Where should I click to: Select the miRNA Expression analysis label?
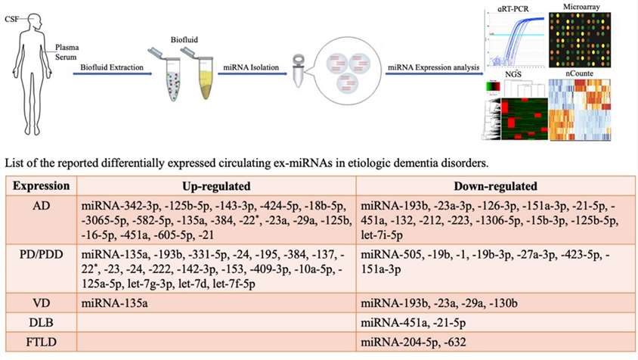tap(433, 67)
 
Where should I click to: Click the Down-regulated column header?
tap(495, 185)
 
